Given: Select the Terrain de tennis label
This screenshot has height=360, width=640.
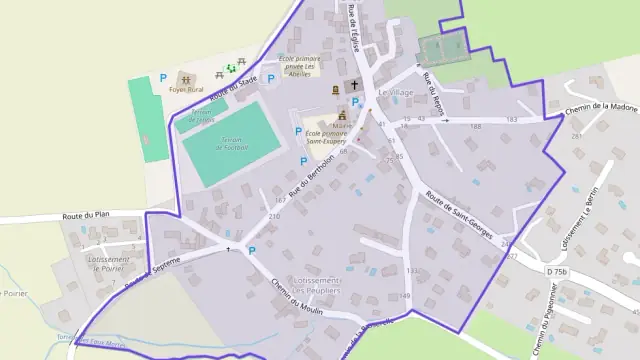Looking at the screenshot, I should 203,115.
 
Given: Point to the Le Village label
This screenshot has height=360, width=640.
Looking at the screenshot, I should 396,93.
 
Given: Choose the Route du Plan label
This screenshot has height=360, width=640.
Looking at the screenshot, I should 85,214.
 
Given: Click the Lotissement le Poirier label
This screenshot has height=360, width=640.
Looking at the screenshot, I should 109,264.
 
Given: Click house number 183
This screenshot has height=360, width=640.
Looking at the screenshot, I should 512,120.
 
